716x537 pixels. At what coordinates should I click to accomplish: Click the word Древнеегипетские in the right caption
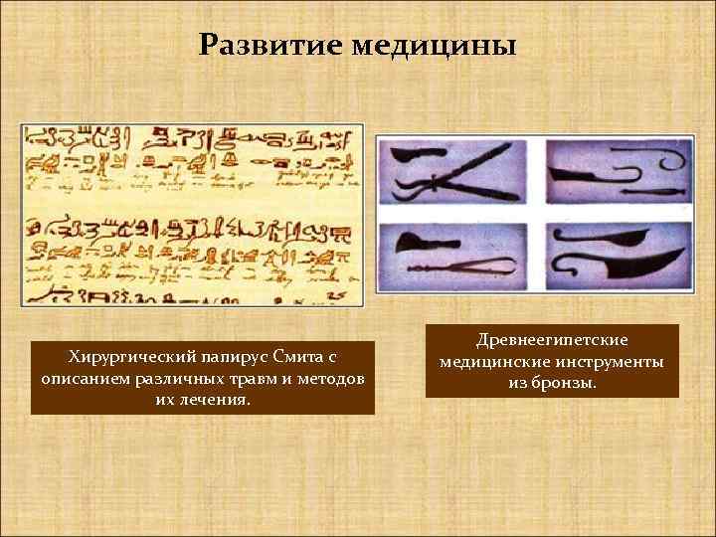552,340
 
